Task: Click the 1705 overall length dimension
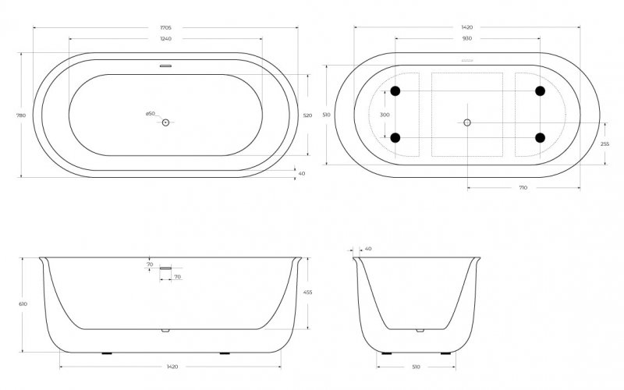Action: [x=165, y=27]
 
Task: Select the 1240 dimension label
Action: [x=165, y=37]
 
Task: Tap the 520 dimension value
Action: [x=307, y=115]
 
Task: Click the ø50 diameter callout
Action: [x=151, y=115]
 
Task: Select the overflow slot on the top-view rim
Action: [x=165, y=66]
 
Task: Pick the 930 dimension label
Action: [x=466, y=37]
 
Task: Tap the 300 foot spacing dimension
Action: [x=384, y=115]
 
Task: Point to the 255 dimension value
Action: [x=604, y=144]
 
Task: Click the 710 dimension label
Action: [x=523, y=188]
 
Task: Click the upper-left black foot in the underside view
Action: [x=395, y=91]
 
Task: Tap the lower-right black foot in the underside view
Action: [x=539, y=138]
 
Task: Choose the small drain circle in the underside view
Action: [x=467, y=122]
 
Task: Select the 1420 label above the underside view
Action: [x=466, y=27]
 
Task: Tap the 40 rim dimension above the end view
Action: [x=368, y=249]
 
